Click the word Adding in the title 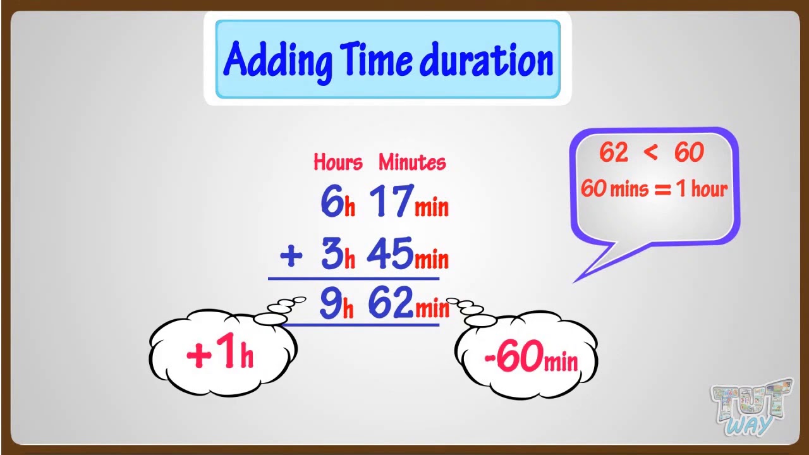pos(277,61)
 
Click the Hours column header pos(338,162)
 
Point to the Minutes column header pos(412,162)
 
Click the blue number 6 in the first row pos(332,200)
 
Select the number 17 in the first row pos(391,201)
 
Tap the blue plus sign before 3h pos(291,255)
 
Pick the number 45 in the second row pos(391,253)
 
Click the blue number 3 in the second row pos(332,253)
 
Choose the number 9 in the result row pos(331,303)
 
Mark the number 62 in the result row pos(391,303)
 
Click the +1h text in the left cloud pos(220,350)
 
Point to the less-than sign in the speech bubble pos(650,152)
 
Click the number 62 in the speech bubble pos(614,152)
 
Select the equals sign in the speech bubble pos(663,189)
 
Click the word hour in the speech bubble pos(709,189)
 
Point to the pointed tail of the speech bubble pos(575,282)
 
